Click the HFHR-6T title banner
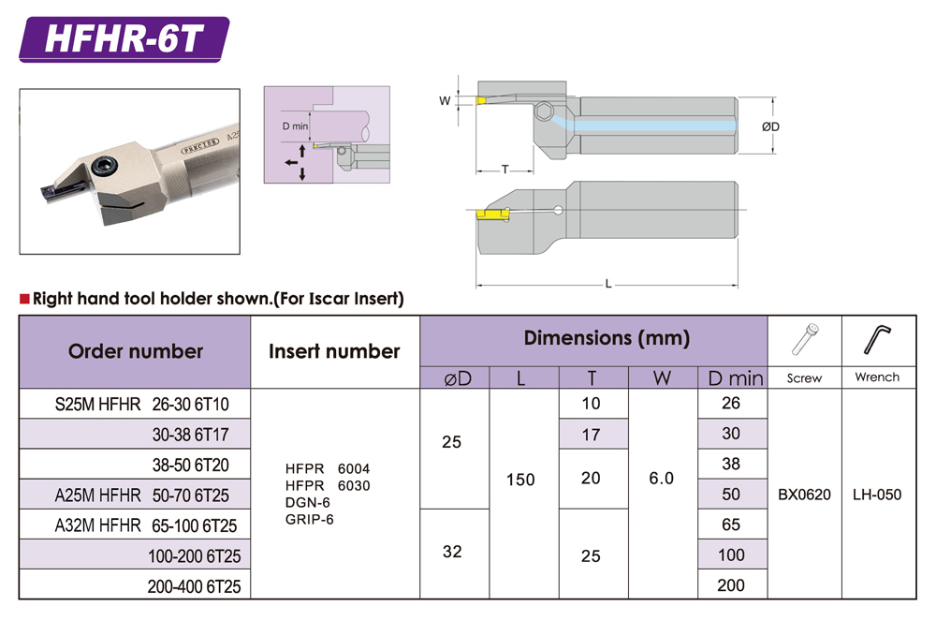(124, 40)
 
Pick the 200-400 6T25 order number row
(194, 585)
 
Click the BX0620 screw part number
(804, 494)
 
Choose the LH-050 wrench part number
(877, 494)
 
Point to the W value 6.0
(661, 479)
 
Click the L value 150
(519, 480)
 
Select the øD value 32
(452, 552)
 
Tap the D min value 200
(730, 585)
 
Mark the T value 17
(591, 435)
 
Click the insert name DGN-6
(309, 502)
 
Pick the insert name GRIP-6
(310, 519)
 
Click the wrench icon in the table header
(877, 341)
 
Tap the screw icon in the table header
(804, 341)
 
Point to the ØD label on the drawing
(770, 126)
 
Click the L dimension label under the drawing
(608, 284)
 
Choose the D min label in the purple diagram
(295, 126)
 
